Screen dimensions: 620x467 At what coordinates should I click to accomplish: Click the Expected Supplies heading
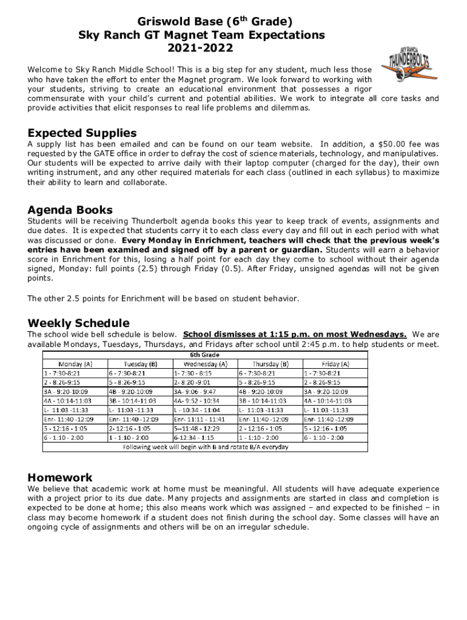tap(82, 133)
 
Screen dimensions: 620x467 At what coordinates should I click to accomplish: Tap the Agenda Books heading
tap(70, 210)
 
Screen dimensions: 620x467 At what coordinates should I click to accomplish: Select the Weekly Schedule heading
tap(78, 323)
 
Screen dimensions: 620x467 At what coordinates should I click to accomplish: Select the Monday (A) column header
tap(75, 364)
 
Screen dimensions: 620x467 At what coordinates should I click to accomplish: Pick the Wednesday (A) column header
tap(206, 364)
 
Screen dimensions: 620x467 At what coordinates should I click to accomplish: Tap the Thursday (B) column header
tap(270, 364)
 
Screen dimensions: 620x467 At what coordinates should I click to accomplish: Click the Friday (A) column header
tap(335, 364)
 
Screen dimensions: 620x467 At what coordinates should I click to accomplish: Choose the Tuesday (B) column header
tap(141, 364)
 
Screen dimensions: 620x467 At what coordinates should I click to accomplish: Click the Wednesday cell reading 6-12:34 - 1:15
tap(194, 437)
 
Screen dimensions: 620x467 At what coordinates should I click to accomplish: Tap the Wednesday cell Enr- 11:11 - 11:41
tap(200, 419)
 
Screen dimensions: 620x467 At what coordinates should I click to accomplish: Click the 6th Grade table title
tap(206, 355)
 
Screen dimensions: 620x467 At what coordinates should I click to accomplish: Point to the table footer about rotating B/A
tap(206, 447)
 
